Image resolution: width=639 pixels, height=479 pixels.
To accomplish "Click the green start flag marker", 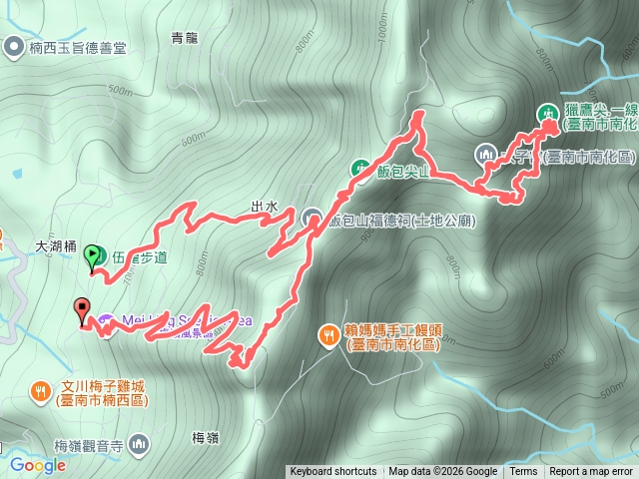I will (94, 255).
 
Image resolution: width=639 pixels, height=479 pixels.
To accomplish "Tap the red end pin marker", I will (82, 309).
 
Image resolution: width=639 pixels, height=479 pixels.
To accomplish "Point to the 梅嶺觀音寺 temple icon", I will (137, 441).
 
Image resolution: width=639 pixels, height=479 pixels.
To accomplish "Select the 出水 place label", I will (264, 207).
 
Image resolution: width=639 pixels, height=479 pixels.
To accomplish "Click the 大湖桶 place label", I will (56, 243).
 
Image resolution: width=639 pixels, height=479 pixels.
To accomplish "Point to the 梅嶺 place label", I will (204, 437).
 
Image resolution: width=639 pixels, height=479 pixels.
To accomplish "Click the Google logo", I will (37, 464).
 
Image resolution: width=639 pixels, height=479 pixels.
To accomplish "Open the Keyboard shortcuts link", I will (332, 472).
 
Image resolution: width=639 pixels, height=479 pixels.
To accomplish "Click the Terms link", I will (523, 472).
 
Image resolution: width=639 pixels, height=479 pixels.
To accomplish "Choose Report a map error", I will (591, 472).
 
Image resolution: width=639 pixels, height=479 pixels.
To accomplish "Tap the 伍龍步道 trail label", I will (139, 257).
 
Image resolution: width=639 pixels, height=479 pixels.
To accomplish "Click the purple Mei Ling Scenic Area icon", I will (106, 321).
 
